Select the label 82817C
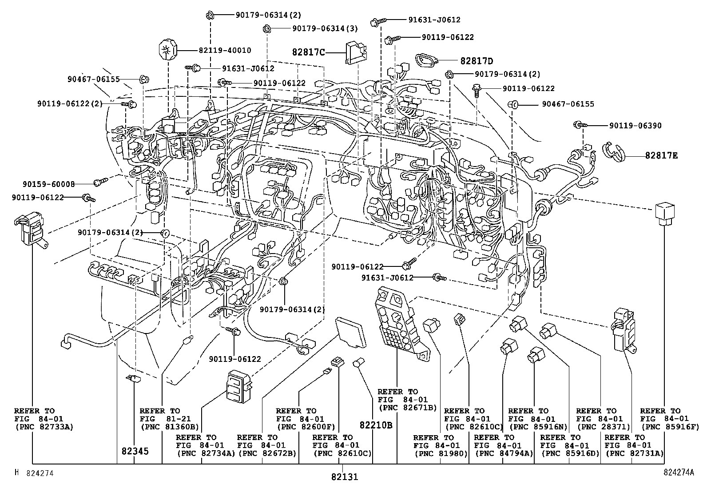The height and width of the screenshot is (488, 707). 309,52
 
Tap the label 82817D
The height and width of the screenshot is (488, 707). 477,61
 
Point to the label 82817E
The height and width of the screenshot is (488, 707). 661,155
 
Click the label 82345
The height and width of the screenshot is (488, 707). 135,451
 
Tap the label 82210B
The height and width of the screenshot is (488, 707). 376,425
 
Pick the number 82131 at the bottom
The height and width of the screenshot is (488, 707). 344,477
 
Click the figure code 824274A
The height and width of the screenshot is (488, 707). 678,473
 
